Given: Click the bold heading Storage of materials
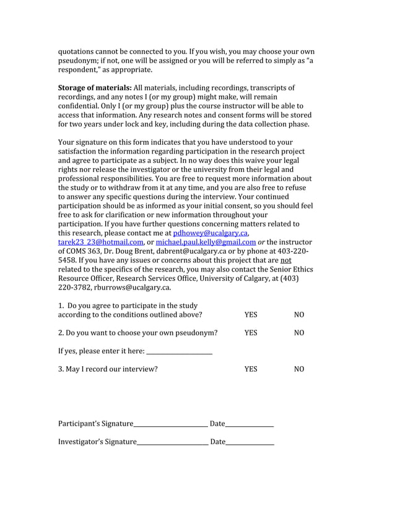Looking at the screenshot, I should [x=95, y=88].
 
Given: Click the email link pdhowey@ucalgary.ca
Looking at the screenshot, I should [x=211, y=233].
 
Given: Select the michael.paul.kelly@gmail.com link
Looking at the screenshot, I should [x=206, y=243].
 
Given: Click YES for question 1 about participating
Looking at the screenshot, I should [x=251, y=314].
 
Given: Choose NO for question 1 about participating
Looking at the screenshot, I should [x=299, y=314].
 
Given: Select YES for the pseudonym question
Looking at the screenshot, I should [x=251, y=333].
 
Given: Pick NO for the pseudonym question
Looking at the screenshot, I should [x=299, y=333].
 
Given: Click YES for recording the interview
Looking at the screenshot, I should [x=251, y=369].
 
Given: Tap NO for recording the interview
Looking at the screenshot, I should [x=299, y=369].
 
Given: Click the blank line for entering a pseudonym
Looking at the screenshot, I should [x=179, y=351].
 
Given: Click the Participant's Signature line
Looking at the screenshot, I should [x=170, y=424].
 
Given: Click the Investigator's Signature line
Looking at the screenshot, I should [x=172, y=442].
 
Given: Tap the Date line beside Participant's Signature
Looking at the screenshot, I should [x=250, y=424].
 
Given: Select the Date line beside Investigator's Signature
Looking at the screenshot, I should [x=250, y=442].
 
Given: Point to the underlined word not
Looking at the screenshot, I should [x=285, y=260].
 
